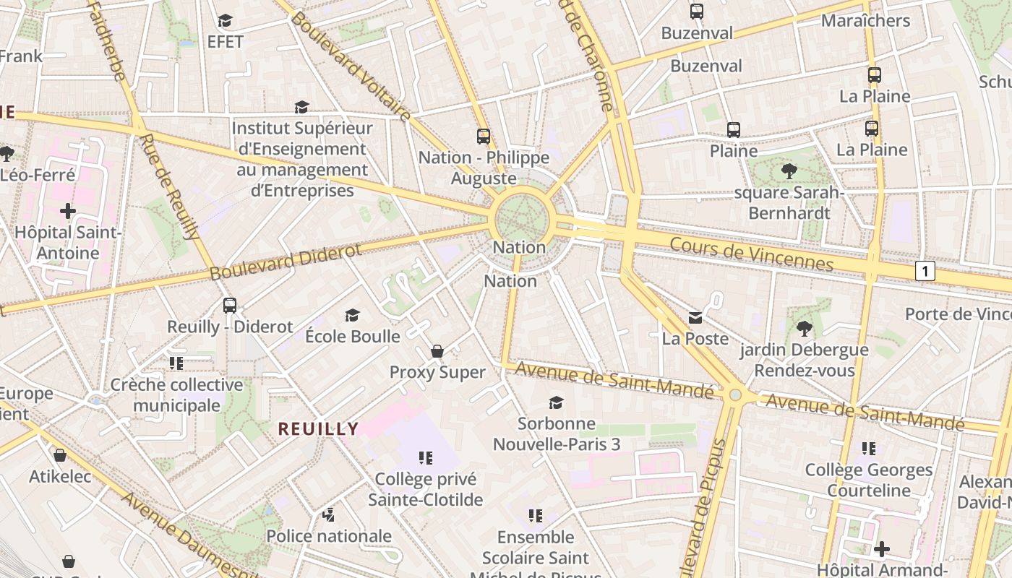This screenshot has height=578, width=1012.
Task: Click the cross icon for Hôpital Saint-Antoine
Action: click(x=68, y=211)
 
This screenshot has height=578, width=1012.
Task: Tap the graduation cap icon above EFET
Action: click(x=226, y=20)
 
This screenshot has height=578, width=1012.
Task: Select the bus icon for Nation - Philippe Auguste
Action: click(x=483, y=136)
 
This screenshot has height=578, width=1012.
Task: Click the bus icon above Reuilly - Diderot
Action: click(x=230, y=305)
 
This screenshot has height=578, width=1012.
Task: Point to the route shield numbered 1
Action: click(x=925, y=272)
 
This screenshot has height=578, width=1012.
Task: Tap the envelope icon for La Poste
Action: click(x=695, y=317)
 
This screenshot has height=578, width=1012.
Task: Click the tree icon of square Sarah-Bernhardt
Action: click(x=789, y=171)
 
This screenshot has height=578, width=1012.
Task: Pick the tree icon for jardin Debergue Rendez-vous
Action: click(x=804, y=329)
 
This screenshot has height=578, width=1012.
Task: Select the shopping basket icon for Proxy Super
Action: click(x=437, y=351)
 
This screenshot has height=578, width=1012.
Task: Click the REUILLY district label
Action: click(x=319, y=428)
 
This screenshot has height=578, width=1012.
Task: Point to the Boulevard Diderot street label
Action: click(x=286, y=262)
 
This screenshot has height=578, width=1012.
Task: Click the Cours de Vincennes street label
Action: click(x=752, y=254)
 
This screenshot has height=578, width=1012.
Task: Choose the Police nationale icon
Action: click(x=329, y=514)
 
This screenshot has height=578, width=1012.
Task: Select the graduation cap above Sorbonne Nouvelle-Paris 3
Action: click(x=556, y=402)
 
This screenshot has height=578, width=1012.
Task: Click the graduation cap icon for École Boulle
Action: click(x=352, y=315)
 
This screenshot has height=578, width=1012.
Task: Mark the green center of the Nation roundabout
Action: click(x=523, y=217)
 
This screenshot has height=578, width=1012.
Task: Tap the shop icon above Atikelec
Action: click(x=60, y=455)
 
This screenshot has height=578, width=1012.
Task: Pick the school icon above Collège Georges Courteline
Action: click(x=869, y=448)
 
